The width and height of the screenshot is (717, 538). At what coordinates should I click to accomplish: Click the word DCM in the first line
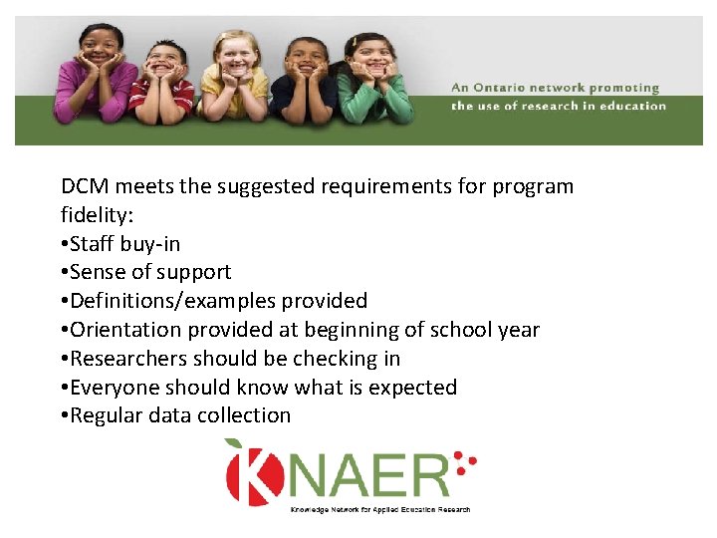[x=84, y=186]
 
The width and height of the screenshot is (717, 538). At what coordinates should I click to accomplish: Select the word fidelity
[x=96, y=215]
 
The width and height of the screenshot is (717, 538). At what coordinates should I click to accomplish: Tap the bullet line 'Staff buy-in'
[x=120, y=244]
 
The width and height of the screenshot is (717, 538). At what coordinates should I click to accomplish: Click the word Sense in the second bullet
[x=98, y=272]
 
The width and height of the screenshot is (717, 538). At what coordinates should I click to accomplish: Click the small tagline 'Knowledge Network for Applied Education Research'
[x=379, y=508]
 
